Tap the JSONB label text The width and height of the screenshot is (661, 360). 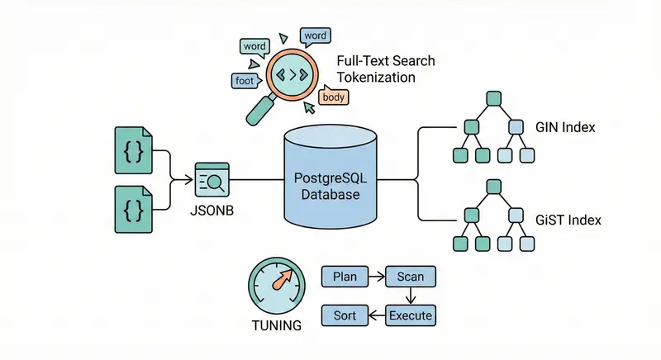(x=212, y=209)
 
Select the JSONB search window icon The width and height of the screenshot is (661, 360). (x=212, y=178)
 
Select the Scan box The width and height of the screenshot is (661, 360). (x=411, y=276)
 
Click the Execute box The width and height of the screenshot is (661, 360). (x=411, y=315)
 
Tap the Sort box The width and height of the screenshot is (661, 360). (x=344, y=315)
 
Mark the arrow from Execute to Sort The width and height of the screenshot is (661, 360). (x=377, y=315)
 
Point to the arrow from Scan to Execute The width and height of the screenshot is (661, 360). (x=411, y=296)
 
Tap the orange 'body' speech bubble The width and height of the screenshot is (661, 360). (x=335, y=97)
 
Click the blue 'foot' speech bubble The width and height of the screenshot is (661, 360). (x=245, y=81)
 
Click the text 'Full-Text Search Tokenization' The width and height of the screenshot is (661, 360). (x=385, y=69)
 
